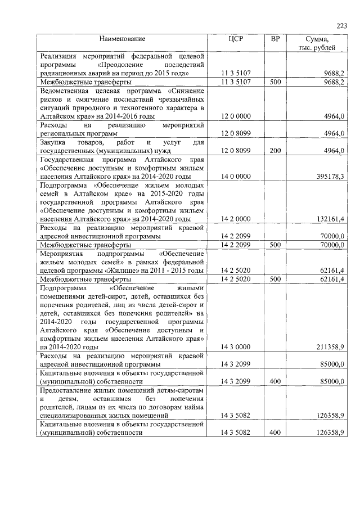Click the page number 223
341,25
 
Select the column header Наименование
123,39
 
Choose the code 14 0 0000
236,177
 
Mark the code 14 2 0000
236,218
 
